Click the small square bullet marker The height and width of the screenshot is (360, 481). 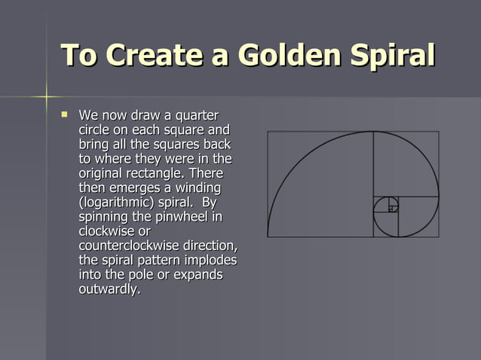pyautogui.click(x=64, y=115)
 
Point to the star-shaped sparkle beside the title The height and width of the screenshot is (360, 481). pyautogui.click(x=45, y=96)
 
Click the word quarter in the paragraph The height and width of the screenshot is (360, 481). pyautogui.click(x=197, y=116)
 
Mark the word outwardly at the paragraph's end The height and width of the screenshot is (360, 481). pyautogui.click(x=109, y=289)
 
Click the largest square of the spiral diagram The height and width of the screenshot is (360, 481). pyautogui.click(x=320, y=184)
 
